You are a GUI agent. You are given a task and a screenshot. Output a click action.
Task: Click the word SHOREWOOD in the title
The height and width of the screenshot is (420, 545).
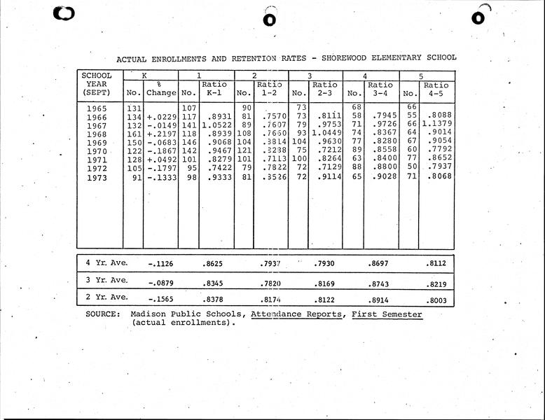346,59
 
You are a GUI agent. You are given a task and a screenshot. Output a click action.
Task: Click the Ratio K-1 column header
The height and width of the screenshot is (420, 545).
214,89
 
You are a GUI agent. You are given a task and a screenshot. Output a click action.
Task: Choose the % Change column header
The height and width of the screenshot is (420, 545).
160,89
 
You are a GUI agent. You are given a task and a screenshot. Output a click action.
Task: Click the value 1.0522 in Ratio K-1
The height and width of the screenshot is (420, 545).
215,125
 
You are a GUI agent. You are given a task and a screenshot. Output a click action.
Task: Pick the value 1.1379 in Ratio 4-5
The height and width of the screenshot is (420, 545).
436,125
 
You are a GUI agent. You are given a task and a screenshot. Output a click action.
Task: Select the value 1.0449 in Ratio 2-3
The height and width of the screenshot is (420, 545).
324,134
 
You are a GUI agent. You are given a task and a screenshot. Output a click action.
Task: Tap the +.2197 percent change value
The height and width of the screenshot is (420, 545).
160,134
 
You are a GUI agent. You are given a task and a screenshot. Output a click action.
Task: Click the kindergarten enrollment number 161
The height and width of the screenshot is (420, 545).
134,134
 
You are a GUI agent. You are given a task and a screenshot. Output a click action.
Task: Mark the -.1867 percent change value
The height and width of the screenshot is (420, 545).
160,150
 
